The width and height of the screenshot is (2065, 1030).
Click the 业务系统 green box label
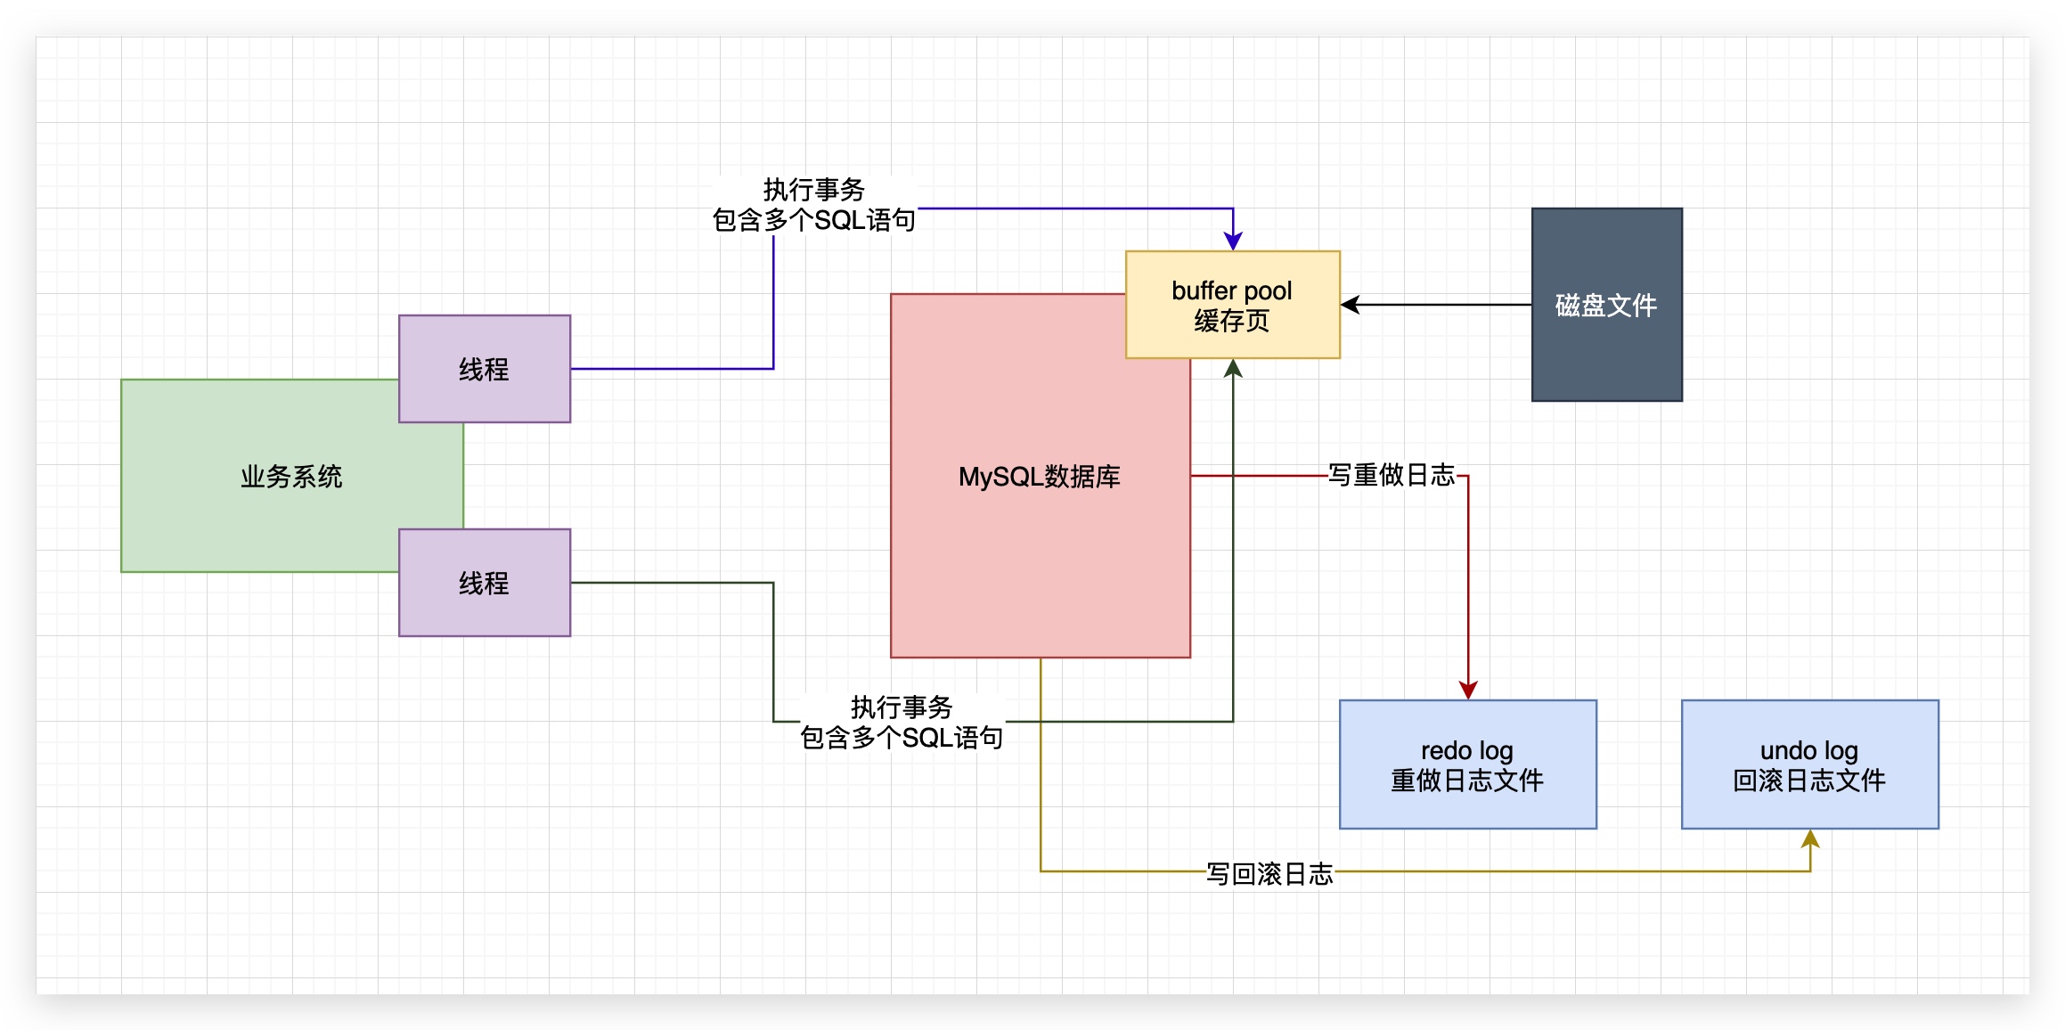tap(291, 477)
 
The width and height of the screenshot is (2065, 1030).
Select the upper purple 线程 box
tap(484, 369)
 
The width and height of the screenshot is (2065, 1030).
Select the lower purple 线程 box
tap(484, 583)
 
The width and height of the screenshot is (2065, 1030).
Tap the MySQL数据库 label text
tap(1039, 477)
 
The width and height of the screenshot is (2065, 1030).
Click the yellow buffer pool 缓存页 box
tap(1232, 305)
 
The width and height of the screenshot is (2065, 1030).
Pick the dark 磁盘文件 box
tap(1606, 305)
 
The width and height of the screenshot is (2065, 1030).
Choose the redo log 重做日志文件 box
tap(1467, 764)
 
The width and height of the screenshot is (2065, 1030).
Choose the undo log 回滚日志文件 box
tap(1809, 764)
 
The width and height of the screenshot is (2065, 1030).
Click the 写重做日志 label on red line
tap(1391, 475)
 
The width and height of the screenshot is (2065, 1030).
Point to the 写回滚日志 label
tap(1269, 873)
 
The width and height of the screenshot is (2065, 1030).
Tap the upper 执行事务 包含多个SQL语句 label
tap(813, 205)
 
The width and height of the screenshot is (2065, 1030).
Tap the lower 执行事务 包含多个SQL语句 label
tap(902, 723)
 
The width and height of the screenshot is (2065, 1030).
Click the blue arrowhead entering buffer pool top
tap(1233, 241)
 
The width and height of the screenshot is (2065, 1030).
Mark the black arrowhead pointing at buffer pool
tap(1351, 305)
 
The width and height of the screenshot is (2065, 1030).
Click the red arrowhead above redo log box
tap(1468, 690)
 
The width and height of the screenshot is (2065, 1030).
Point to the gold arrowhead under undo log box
tap(1810, 839)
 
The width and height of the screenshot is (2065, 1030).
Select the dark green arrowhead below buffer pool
tap(1233, 369)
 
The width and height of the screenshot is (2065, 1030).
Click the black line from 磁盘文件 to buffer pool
tap(1443, 305)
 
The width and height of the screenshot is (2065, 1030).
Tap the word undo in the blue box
tap(1787, 750)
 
